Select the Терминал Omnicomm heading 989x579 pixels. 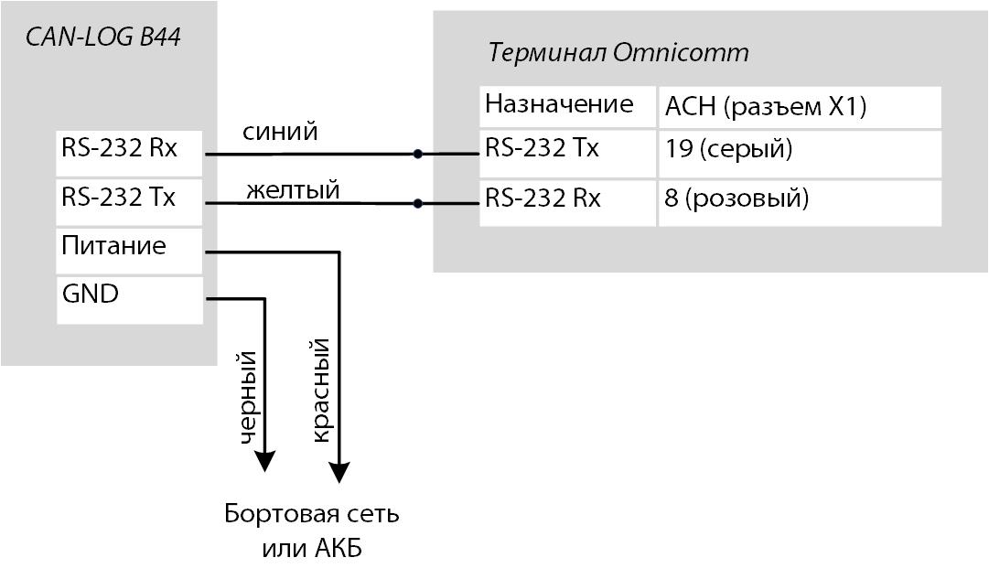point(618,52)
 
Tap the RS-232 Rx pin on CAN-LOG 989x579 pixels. point(128,153)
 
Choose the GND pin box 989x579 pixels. point(128,299)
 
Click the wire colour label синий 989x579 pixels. point(280,132)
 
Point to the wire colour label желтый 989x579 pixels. point(293,190)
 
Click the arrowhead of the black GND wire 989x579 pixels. point(264,461)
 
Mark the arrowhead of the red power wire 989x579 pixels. point(339,472)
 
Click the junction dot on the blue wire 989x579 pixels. point(418,154)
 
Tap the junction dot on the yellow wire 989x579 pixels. point(418,203)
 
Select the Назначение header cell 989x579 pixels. point(567,105)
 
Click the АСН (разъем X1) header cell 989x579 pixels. point(799,107)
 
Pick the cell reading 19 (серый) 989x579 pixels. point(799,153)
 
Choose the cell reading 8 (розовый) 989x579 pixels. point(799,202)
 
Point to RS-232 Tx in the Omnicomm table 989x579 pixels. point(567,153)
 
